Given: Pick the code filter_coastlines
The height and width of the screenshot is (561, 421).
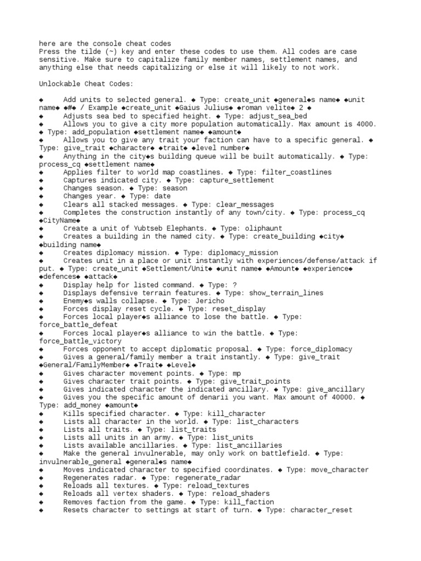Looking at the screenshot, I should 297,172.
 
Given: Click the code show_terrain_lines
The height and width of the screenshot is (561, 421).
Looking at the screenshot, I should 285,293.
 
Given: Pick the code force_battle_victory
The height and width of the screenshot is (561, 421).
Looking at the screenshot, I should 79,341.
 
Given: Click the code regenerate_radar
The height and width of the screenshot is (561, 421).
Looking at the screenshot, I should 205,478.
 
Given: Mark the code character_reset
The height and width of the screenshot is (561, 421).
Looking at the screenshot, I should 321,510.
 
